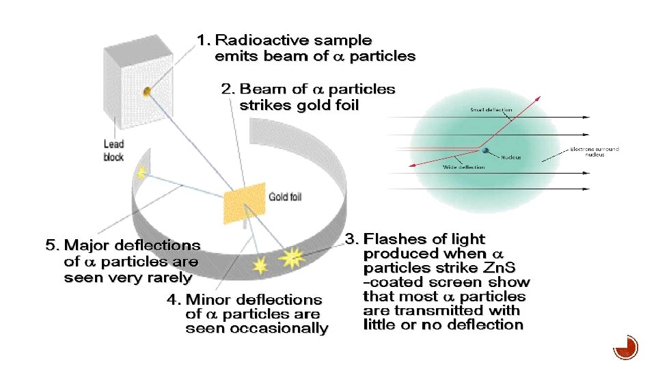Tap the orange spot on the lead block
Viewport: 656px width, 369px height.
146,91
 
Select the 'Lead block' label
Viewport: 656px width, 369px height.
113,150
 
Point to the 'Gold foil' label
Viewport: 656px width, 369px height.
285,197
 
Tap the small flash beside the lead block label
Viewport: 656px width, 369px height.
141,172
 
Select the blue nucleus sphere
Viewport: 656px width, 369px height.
486,151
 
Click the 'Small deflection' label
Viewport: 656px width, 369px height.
491,110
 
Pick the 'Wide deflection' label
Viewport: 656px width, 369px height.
464,167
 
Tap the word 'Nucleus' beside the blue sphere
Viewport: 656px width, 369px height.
510,158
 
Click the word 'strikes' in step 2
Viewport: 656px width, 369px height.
264,105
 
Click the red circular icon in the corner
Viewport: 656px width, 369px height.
625,347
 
